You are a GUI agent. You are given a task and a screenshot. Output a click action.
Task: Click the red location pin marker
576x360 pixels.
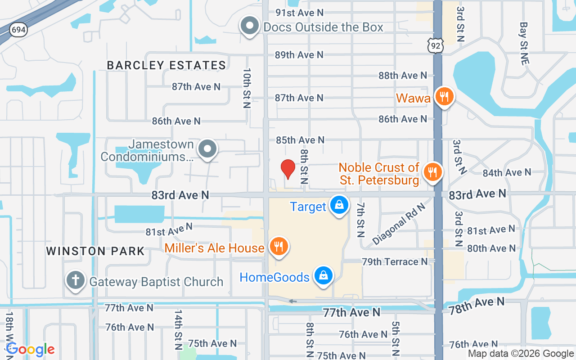click(288, 169)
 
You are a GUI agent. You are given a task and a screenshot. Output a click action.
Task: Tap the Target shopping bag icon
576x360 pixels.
click(339, 205)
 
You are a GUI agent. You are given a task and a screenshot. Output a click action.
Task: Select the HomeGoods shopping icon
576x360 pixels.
click(323, 275)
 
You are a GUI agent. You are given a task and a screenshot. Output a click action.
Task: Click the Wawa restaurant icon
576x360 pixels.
click(444, 96)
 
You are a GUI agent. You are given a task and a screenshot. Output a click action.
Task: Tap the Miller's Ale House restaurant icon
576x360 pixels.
click(279, 247)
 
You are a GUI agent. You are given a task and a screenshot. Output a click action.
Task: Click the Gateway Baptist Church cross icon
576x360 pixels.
click(76, 280)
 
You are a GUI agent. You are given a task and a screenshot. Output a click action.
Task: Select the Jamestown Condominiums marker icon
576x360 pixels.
click(207, 148)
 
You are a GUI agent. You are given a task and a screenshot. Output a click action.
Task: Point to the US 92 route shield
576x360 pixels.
click(436, 45)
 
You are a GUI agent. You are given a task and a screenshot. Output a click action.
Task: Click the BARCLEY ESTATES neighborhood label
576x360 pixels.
click(166, 65)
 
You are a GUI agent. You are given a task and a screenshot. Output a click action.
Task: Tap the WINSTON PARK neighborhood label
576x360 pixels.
click(95, 251)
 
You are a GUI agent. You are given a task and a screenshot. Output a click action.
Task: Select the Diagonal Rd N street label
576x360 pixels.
click(399, 224)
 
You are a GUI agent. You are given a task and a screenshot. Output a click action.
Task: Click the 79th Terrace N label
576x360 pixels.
click(395, 261)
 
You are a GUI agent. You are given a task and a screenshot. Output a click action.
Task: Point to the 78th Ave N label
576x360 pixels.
click(476, 305)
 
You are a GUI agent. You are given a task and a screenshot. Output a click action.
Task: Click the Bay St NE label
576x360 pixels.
click(523, 44)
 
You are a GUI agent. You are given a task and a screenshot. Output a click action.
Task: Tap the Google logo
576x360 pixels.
click(30, 349)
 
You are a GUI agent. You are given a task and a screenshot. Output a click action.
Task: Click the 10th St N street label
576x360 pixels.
click(247, 88)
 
